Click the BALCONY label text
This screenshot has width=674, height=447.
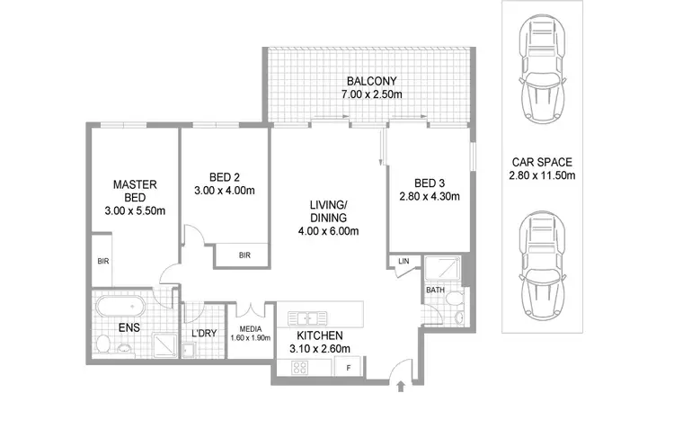tap(369, 78)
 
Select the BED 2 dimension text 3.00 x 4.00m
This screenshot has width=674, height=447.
tap(226, 191)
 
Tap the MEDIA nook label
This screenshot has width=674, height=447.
tap(249, 330)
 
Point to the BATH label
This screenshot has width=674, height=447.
tap(435, 291)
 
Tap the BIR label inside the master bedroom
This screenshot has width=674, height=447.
tap(103, 262)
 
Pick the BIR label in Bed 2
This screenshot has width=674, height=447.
tap(244, 256)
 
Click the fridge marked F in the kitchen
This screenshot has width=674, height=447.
tap(348, 368)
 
